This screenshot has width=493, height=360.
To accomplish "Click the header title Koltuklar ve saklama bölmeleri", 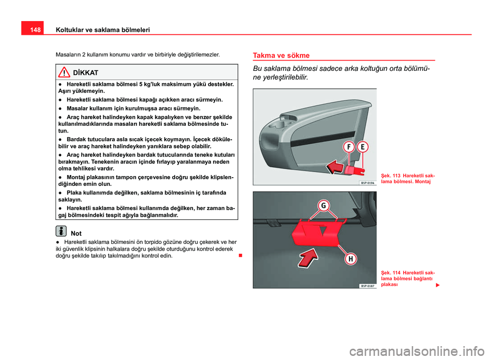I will [x=102, y=30].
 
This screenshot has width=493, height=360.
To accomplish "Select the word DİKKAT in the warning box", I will [x=86, y=73].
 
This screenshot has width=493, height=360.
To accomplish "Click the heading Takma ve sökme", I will [x=281, y=55].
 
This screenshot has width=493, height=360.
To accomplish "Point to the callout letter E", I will [x=363, y=146].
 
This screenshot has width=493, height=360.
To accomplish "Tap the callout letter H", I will [x=351, y=259].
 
